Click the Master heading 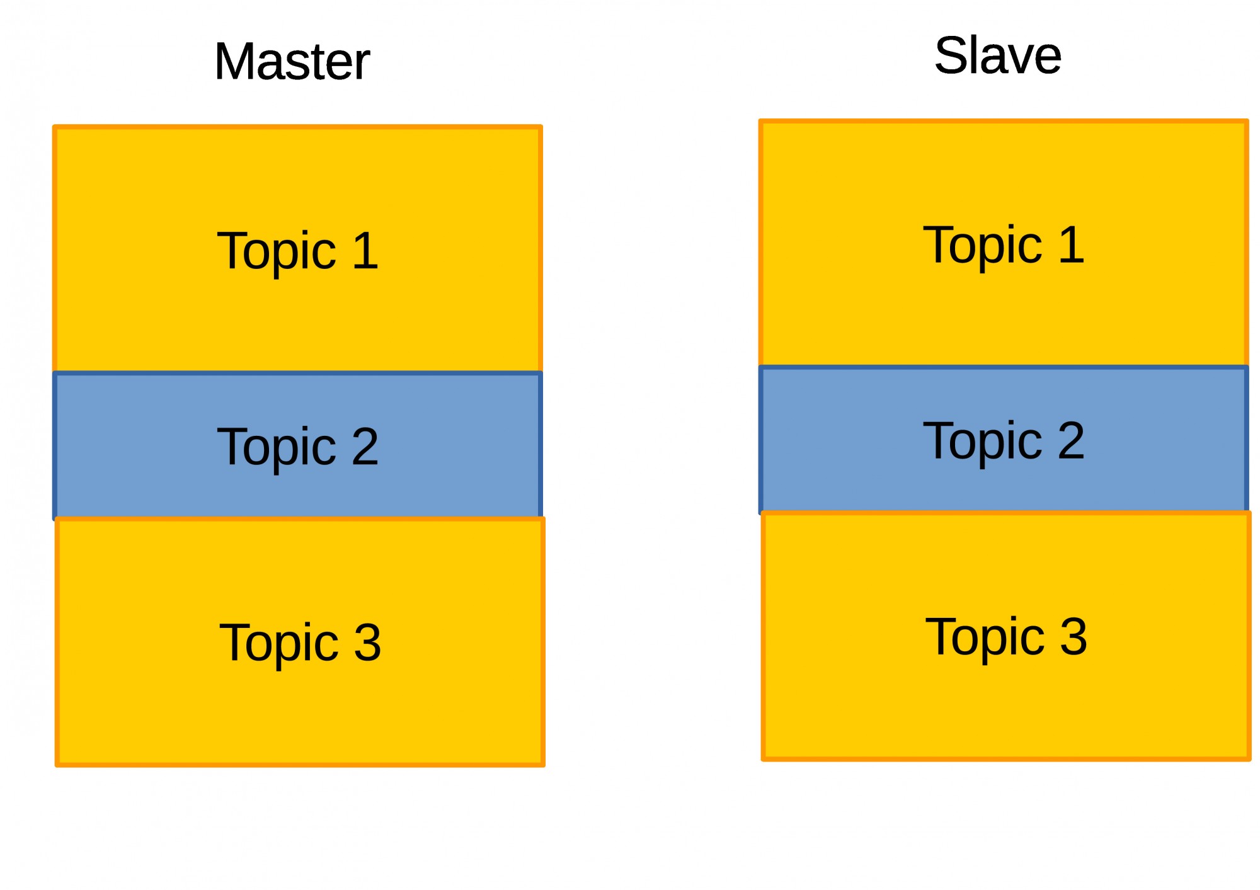(x=292, y=61)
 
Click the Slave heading (x=998, y=55)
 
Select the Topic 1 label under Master (x=297, y=252)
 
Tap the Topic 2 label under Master (x=297, y=447)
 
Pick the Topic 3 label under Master (x=300, y=643)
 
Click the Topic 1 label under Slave (x=1004, y=246)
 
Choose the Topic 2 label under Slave (x=1004, y=442)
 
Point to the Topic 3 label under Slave (x=1006, y=637)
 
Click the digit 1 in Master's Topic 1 (x=366, y=250)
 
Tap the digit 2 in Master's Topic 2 (x=365, y=445)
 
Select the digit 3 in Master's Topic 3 (x=367, y=642)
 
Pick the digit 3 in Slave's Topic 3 (x=1074, y=636)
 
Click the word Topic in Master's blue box (x=277, y=447)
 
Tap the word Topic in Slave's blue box (x=983, y=442)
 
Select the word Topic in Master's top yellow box (x=277, y=252)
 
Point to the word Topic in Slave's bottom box (x=985, y=637)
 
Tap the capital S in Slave (x=951, y=55)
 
